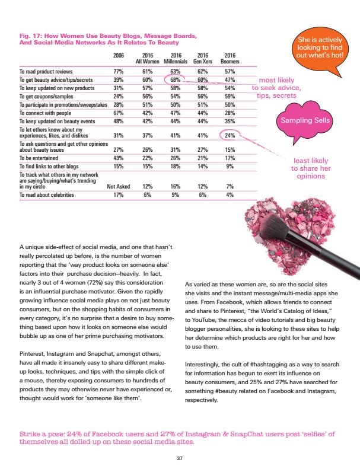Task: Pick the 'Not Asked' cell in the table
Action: [x=118, y=186]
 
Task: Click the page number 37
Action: [x=180, y=458]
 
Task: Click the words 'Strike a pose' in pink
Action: [x=42, y=435]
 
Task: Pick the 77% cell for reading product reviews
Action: [x=118, y=71]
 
